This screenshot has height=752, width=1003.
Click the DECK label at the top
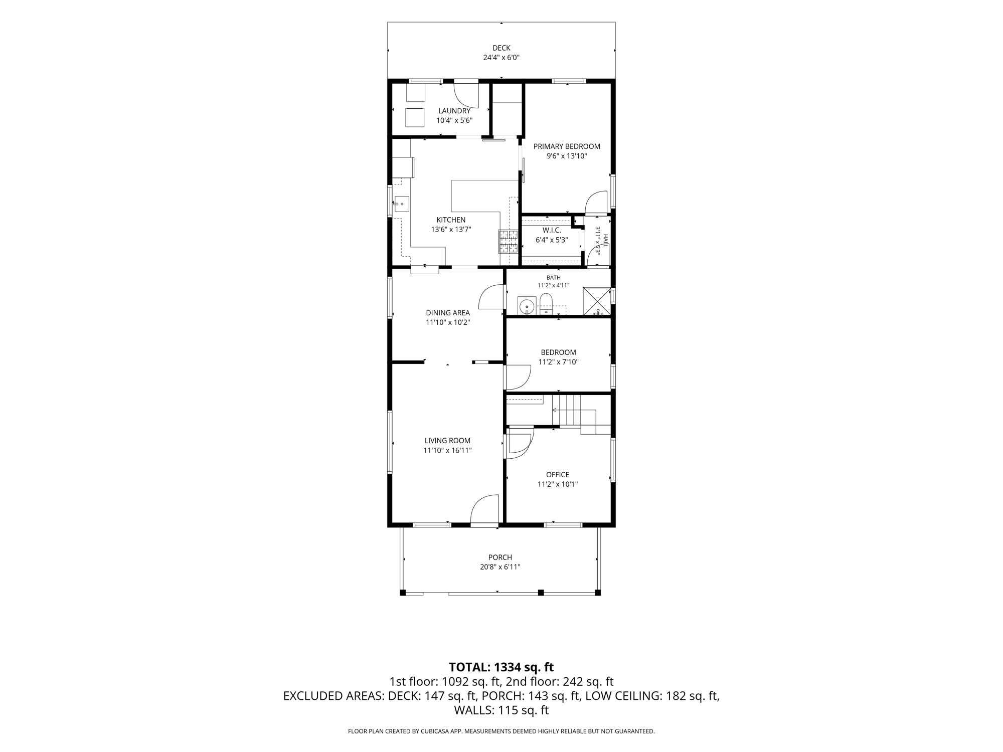(x=501, y=48)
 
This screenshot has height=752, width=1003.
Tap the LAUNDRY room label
(x=454, y=111)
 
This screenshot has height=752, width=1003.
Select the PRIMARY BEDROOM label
(x=567, y=146)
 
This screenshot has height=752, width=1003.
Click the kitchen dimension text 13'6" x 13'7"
(x=451, y=230)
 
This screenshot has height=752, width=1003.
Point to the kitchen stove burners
(x=508, y=241)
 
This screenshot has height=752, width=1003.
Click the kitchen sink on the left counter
(x=401, y=204)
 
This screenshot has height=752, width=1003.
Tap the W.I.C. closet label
(x=552, y=230)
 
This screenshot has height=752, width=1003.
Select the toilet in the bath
(x=546, y=304)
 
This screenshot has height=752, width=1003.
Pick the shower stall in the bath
(x=597, y=301)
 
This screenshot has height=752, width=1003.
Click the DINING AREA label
(x=448, y=313)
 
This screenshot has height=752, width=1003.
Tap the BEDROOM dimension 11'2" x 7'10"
(x=559, y=362)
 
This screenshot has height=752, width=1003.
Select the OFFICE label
(x=558, y=475)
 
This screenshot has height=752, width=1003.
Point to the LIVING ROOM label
(x=447, y=441)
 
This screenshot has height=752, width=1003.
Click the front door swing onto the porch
(x=484, y=510)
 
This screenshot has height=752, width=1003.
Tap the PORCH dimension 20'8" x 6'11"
(x=500, y=567)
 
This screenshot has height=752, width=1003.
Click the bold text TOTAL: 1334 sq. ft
(x=501, y=667)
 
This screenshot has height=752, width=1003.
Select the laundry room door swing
(x=466, y=95)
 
